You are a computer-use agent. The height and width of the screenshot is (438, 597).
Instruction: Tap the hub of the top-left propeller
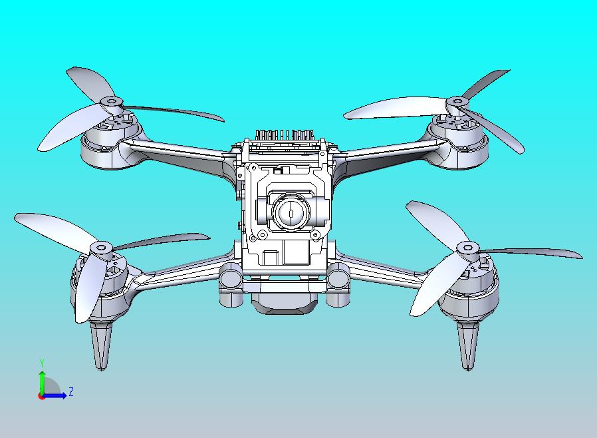coord(111,102)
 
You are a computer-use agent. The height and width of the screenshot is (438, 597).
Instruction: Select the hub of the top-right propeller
coord(457,102)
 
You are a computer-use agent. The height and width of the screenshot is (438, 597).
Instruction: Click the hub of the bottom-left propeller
coord(101,248)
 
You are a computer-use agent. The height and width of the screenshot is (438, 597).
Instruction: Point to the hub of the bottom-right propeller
coord(467,248)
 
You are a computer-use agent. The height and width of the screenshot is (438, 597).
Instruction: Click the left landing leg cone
coord(100,343)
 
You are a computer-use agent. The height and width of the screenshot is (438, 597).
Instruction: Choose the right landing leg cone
coord(468,343)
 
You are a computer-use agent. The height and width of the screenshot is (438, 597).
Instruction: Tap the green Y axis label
coord(42,363)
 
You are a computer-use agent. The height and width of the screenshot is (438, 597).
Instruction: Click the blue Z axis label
coord(71,392)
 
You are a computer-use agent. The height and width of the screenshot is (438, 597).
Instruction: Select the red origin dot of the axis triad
coord(41,396)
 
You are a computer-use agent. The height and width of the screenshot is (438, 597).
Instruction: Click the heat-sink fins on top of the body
coord(286,135)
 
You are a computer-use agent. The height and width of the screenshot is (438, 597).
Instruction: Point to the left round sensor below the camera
coord(232,274)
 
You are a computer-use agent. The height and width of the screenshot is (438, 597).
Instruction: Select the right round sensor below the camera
coord(339,274)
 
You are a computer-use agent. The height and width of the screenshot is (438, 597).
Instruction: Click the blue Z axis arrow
coord(57,396)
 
